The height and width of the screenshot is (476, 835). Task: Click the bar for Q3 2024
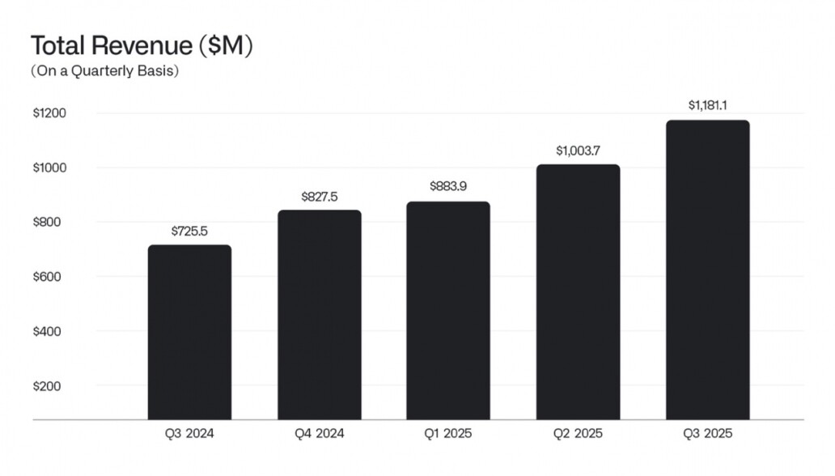click(x=189, y=332)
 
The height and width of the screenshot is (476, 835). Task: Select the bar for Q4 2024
click(x=319, y=315)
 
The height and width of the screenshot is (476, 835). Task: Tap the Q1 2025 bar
click(x=448, y=311)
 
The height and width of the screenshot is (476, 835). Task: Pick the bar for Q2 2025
click(x=578, y=292)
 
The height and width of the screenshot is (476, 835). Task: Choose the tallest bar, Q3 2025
click(x=707, y=270)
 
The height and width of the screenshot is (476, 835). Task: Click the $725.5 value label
click(x=189, y=231)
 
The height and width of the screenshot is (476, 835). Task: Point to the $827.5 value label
click(x=319, y=197)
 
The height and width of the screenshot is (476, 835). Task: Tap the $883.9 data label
click(x=448, y=187)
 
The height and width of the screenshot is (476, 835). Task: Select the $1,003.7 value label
click(x=578, y=151)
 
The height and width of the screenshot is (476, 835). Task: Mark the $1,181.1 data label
click(x=707, y=105)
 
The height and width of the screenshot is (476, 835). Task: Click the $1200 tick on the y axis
click(x=49, y=113)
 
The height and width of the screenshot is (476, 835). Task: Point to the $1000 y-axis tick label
click(x=49, y=168)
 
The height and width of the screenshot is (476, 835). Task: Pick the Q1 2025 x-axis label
click(x=448, y=434)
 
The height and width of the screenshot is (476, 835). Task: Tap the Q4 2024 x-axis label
click(x=319, y=434)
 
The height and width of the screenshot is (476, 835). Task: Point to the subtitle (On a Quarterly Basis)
click(x=104, y=71)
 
